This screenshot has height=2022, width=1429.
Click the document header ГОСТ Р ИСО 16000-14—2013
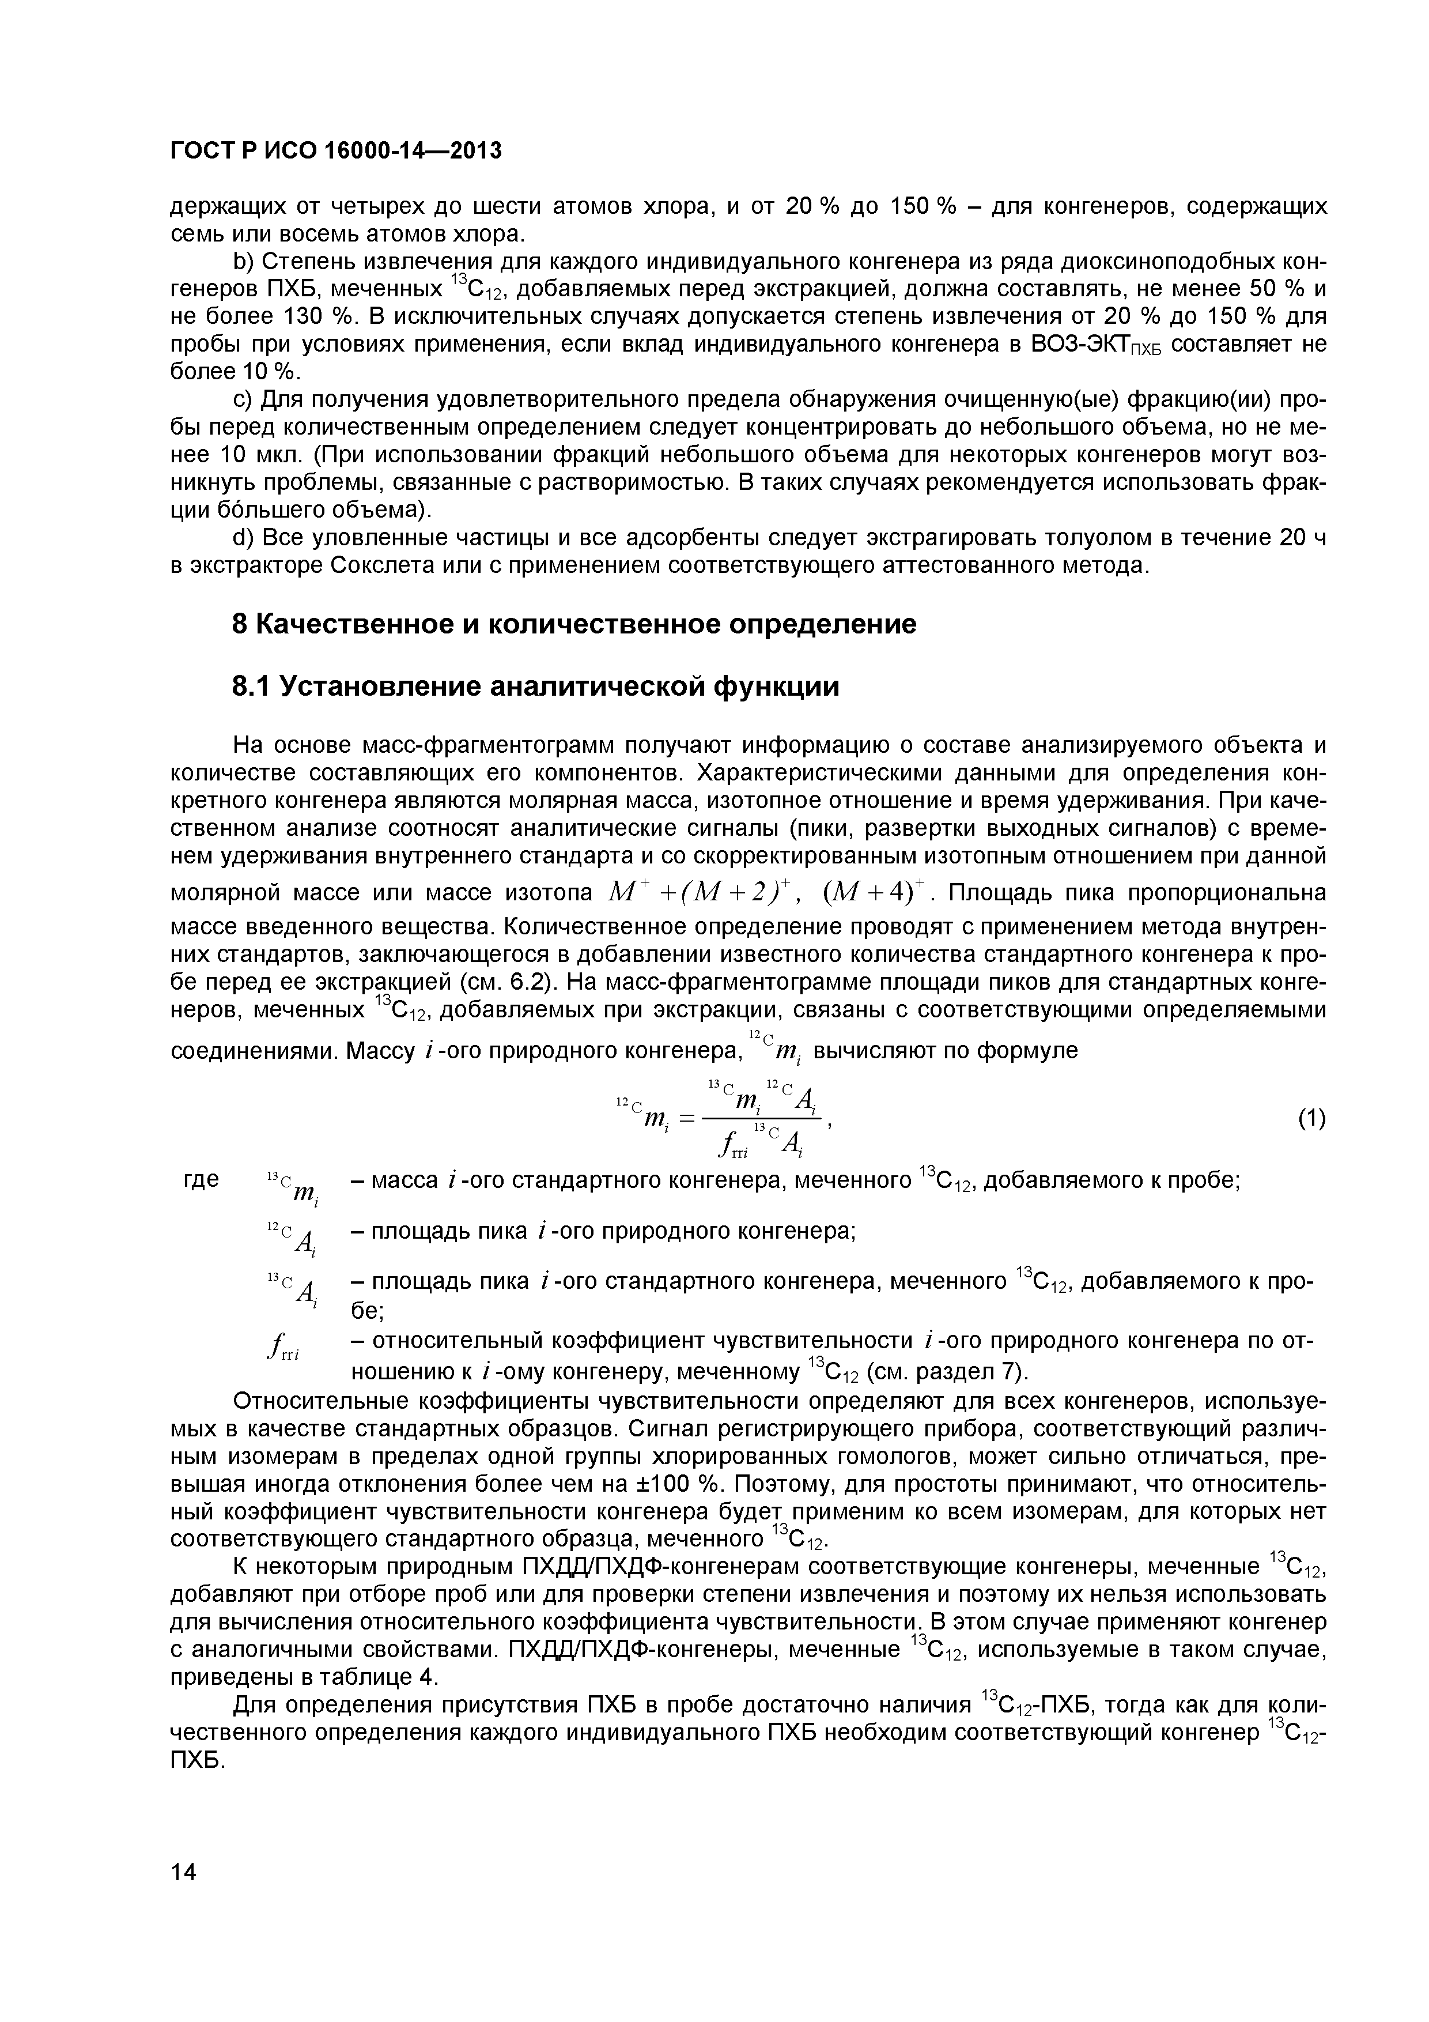click(335, 152)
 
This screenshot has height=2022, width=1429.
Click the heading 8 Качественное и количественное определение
click(573, 624)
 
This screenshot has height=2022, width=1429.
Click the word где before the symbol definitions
click(202, 1180)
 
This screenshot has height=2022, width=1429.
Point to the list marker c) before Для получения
click(242, 400)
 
